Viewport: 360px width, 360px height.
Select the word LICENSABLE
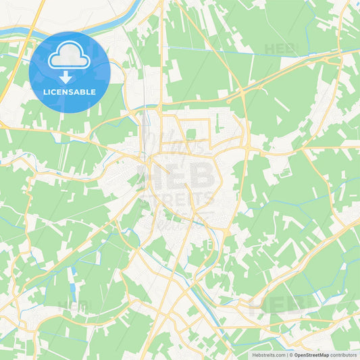coord(70,92)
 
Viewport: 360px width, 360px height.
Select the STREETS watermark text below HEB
coord(178,201)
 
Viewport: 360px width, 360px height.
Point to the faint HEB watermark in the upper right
coord(280,49)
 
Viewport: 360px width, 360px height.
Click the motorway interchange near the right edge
coord(331,61)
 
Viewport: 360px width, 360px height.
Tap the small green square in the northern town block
coord(191,134)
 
